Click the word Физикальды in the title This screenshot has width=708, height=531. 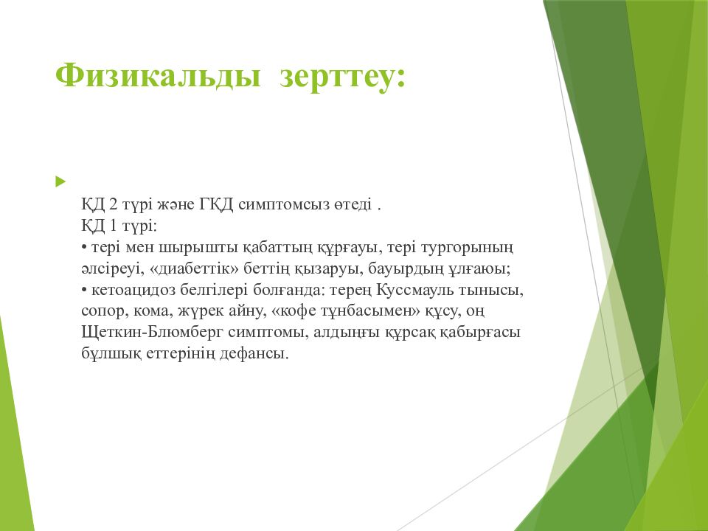158,75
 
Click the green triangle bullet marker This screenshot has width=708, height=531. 60,182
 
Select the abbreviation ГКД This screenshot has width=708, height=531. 216,204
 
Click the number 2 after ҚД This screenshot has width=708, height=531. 114,204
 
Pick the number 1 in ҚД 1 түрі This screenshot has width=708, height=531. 113,226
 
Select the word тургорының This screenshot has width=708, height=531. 468,248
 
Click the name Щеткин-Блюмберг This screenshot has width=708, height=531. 153,333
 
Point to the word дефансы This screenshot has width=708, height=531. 254,354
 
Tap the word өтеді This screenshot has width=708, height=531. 353,205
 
